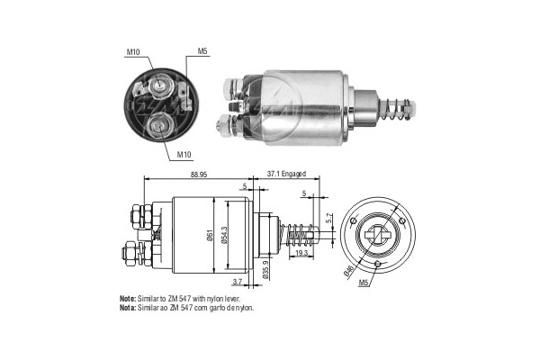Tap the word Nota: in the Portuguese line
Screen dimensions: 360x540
click(x=127, y=308)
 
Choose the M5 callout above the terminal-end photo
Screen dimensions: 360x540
click(x=203, y=51)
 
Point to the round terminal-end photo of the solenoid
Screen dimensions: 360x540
click(x=158, y=103)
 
